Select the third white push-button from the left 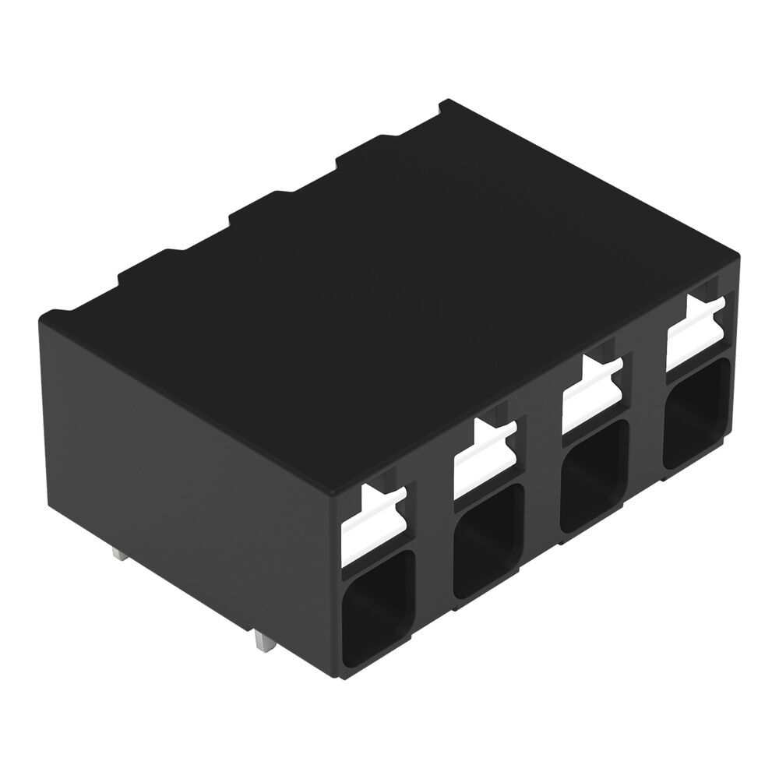pyautogui.click(x=590, y=397)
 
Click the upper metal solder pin pyautogui.click(x=119, y=555)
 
